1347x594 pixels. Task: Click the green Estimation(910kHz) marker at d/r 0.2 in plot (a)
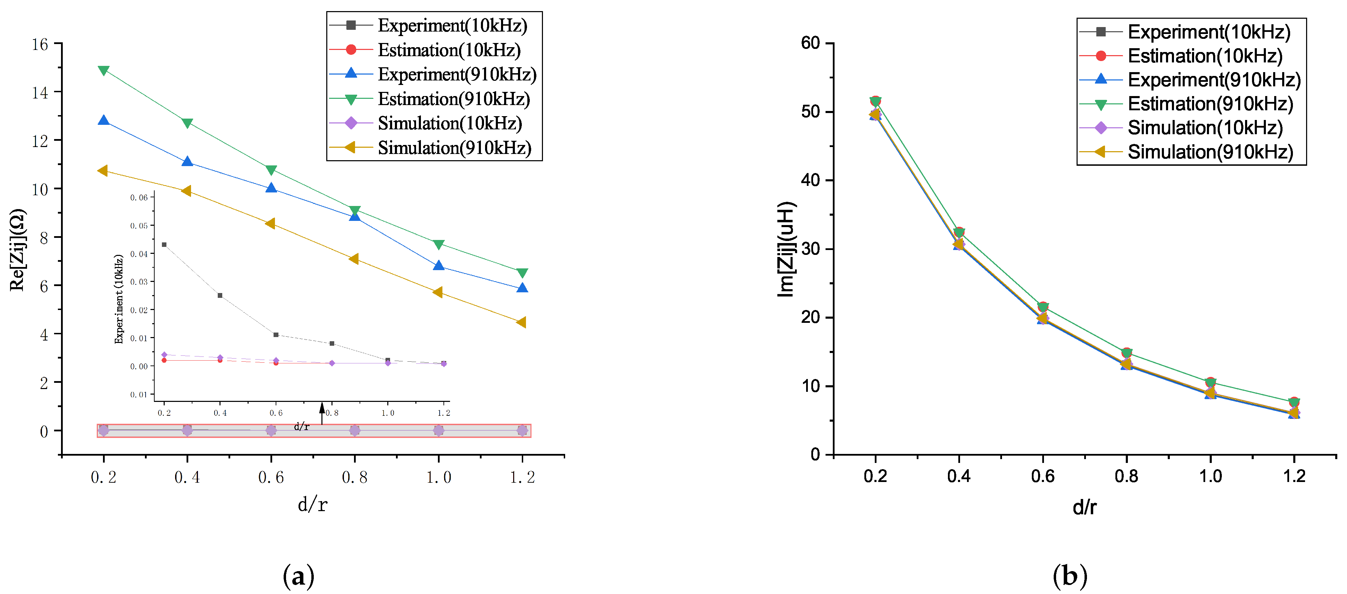pyautogui.click(x=104, y=70)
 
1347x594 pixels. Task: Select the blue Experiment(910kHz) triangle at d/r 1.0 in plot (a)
pyautogui.click(x=439, y=266)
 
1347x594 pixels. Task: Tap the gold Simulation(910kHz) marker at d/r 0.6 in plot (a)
pyautogui.click(x=270, y=224)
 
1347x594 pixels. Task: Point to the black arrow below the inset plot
pyautogui.click(x=322, y=413)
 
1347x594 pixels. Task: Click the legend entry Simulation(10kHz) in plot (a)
pyautogui.click(x=450, y=123)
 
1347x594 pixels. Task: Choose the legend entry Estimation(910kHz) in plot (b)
pyautogui.click(x=1210, y=104)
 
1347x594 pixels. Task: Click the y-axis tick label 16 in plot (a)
pyautogui.click(x=40, y=44)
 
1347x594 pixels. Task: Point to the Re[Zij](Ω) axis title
pyautogui.click(x=17, y=250)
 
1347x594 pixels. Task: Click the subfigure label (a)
pyautogui.click(x=298, y=576)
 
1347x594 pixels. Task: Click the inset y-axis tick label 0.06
pyautogui.click(x=139, y=198)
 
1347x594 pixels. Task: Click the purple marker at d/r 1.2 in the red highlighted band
pyautogui.click(x=522, y=430)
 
